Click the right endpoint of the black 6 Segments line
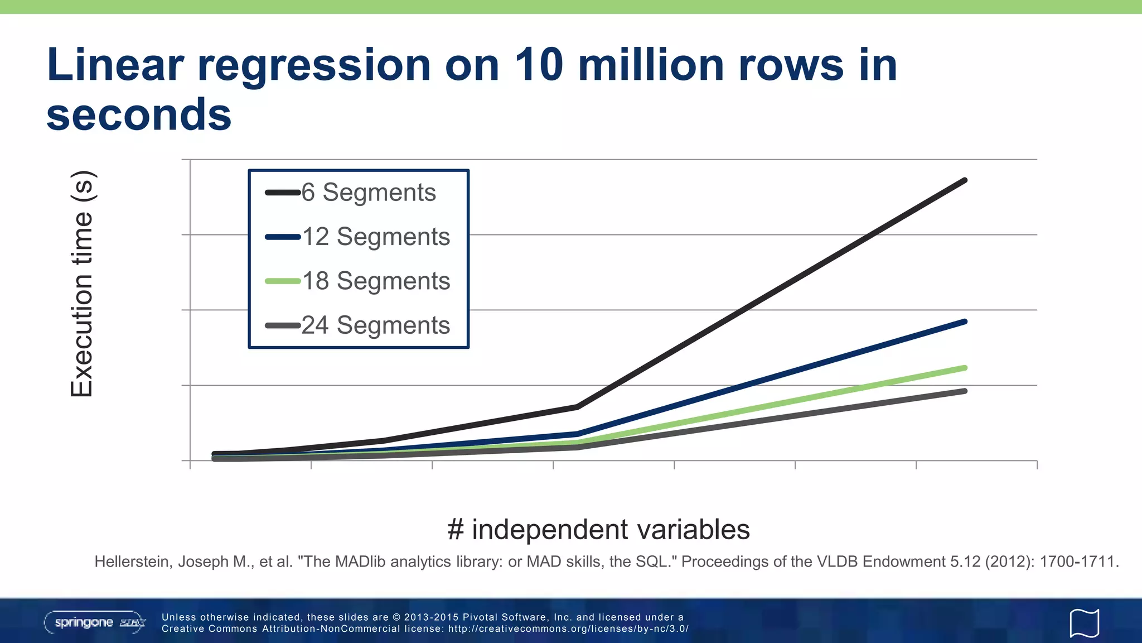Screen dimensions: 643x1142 (x=965, y=181)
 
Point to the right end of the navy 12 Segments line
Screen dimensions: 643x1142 (x=965, y=322)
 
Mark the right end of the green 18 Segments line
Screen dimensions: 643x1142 (x=965, y=368)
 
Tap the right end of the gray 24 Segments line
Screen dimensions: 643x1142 (x=965, y=391)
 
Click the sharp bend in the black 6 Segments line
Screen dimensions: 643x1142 (x=578, y=407)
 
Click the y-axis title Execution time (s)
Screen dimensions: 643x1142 (x=82, y=284)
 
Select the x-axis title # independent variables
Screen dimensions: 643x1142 (x=598, y=529)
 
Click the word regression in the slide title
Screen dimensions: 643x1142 (x=314, y=65)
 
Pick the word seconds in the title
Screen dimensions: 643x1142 (x=138, y=115)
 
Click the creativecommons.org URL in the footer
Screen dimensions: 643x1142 (x=568, y=629)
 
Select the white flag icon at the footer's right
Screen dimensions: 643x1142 (x=1084, y=623)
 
